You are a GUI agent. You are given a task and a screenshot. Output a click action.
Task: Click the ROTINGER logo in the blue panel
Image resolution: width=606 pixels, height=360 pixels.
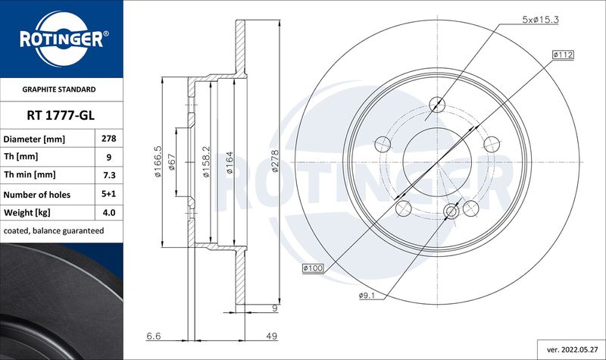62,39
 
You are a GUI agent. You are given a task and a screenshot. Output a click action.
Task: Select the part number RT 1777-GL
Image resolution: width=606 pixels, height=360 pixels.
61,115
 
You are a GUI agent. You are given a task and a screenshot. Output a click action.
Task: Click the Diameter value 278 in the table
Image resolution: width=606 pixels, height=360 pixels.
109,139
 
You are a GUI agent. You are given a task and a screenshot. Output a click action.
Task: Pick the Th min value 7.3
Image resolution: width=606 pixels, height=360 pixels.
109,175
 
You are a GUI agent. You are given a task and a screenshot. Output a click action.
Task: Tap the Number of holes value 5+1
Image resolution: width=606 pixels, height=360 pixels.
109,194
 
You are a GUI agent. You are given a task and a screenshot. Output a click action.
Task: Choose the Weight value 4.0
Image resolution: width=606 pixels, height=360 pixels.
109,212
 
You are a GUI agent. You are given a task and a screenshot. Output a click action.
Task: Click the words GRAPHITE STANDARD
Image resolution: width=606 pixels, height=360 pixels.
59,89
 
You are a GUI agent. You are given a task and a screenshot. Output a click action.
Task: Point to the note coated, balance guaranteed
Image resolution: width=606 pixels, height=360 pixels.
54,231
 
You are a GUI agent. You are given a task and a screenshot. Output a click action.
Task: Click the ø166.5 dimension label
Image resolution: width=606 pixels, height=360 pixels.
158,161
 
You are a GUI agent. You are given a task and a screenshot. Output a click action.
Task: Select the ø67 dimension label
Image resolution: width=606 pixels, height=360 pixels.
172,162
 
